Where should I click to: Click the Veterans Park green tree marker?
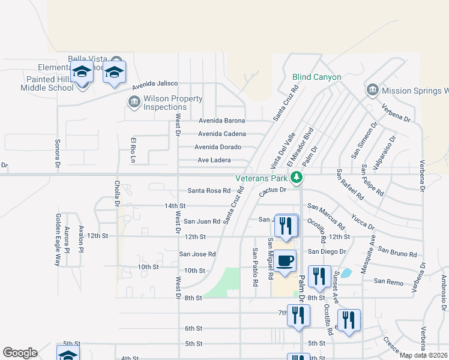296,177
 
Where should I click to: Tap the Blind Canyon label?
316,77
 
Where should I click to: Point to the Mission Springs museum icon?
372,91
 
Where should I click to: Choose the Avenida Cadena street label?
221,134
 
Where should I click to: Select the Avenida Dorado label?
218,147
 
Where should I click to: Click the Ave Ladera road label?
214,160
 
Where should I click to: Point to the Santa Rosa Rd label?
209,191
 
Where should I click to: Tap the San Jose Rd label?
197,254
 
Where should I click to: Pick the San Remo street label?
387,281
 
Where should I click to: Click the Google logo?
20,353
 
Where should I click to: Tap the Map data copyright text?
424,355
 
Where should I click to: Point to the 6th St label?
193,328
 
